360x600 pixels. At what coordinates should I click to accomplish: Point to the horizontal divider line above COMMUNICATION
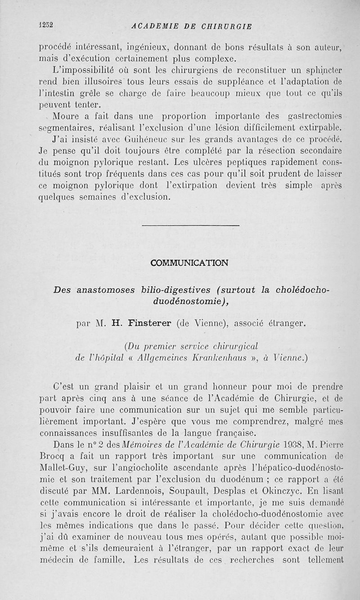190,225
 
